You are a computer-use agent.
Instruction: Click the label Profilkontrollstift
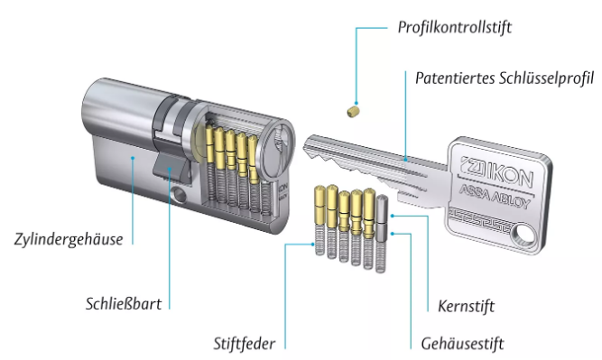(x=455, y=27)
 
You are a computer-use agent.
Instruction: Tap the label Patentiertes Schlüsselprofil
(x=505, y=78)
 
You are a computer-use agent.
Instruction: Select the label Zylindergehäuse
(x=69, y=239)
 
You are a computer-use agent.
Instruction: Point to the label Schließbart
(x=124, y=303)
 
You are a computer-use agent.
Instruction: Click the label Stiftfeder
(x=245, y=344)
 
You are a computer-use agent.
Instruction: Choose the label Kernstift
(x=466, y=306)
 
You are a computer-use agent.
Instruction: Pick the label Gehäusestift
(x=462, y=344)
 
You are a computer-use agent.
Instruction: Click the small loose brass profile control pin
(x=354, y=111)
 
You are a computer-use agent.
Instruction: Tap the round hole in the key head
(x=525, y=234)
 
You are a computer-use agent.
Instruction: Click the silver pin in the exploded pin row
(x=381, y=218)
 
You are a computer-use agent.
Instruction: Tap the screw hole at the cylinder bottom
(x=179, y=194)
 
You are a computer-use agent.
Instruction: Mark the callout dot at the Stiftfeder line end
(x=313, y=245)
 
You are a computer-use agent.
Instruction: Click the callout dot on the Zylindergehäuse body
(x=133, y=157)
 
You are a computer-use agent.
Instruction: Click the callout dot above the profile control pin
(x=356, y=103)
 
